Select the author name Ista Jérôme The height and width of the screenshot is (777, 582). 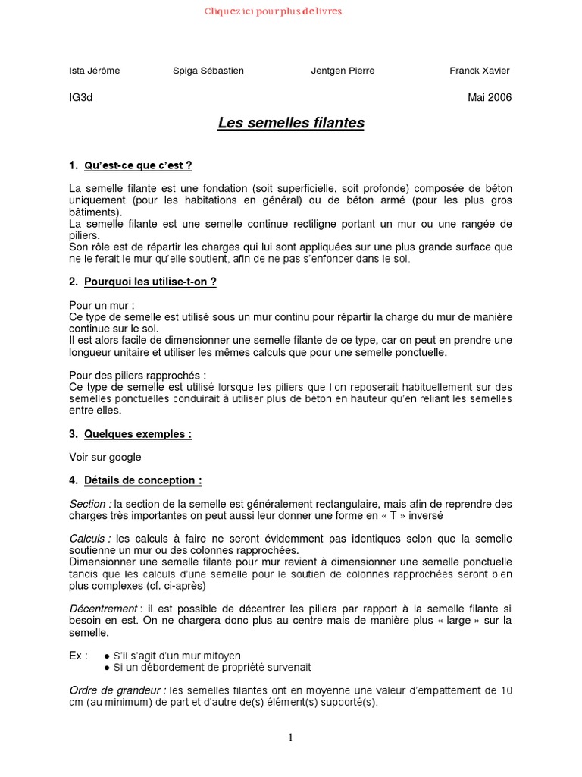click(x=94, y=71)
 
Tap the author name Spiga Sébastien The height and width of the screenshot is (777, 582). click(x=208, y=71)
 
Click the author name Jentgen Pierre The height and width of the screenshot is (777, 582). click(x=343, y=71)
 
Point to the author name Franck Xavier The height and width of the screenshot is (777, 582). click(x=480, y=71)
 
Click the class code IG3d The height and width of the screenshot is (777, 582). click(x=80, y=97)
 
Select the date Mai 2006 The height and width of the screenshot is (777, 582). click(x=490, y=97)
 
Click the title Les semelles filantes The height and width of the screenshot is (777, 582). click(x=291, y=122)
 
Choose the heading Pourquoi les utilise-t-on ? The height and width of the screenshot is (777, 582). click(x=150, y=282)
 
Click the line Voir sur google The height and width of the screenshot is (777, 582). click(x=105, y=457)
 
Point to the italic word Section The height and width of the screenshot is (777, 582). click(x=89, y=504)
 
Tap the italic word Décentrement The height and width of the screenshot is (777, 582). click(x=103, y=609)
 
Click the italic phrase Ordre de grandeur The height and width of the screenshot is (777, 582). click(x=117, y=690)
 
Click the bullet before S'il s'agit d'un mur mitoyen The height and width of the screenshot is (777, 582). click(x=107, y=656)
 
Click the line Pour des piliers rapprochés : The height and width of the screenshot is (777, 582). click(x=137, y=376)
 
